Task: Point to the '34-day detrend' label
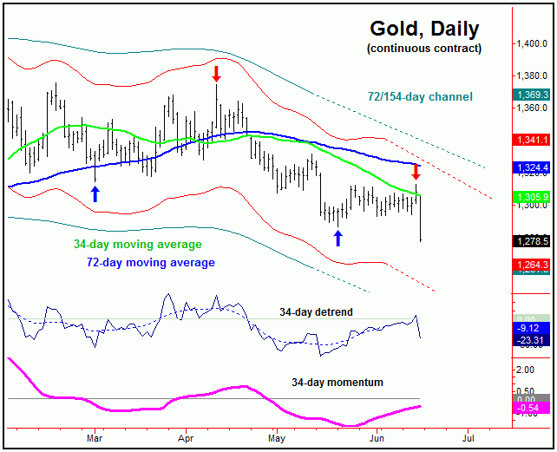316,311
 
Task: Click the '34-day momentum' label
337,382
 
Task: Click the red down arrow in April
216,73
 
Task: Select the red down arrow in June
416,171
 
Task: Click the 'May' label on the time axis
276,440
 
